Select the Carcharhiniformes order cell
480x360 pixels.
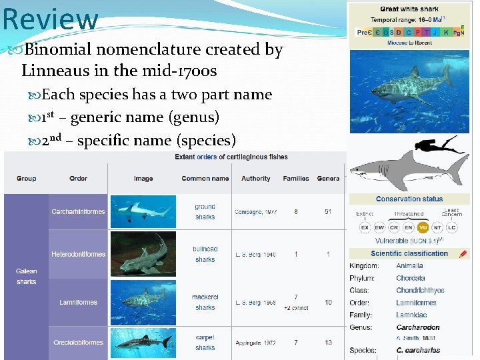tap(78, 212)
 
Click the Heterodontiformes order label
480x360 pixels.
tap(78, 254)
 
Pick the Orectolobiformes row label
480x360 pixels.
tap(78, 343)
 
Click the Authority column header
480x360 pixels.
tap(255, 179)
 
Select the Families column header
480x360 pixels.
tap(296, 179)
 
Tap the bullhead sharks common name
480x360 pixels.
tap(205, 254)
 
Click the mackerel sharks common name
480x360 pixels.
tap(205, 302)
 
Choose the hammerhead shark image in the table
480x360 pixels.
tap(143, 212)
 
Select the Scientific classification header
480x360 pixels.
tap(409, 253)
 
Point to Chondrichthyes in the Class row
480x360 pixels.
tap(419, 290)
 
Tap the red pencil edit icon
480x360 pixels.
tap(463, 253)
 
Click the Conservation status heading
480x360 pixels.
tap(409, 199)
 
